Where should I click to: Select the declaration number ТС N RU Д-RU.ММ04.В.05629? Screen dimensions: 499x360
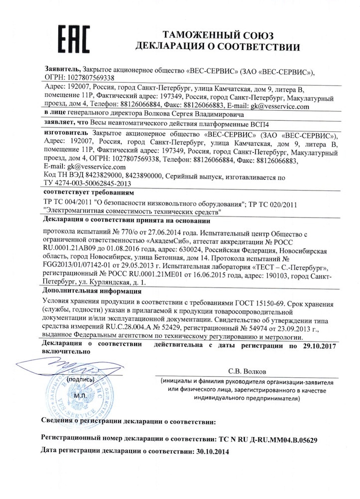point(267,441)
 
